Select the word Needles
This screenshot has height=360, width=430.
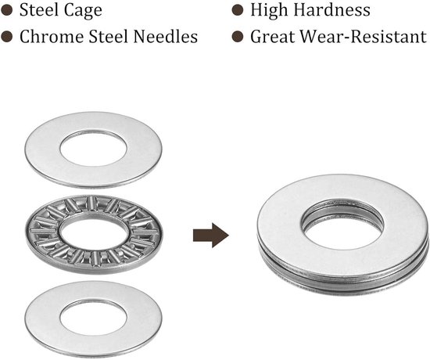coord(166,37)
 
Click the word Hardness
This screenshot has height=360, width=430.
coord(331,10)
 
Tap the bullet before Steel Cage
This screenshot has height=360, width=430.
coord(7,10)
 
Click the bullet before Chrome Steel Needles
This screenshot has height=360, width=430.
coord(7,37)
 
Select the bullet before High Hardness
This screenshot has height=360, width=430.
coord(238,10)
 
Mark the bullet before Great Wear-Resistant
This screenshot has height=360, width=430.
coord(238,37)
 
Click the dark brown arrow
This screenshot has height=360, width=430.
coord(211,236)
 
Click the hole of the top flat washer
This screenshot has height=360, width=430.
coord(93,149)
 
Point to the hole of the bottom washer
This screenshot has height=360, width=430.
coord(93,318)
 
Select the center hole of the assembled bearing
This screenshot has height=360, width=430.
coord(342,225)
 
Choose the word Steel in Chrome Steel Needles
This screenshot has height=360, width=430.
coord(109,37)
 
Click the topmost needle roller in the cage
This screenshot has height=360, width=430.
coord(91,203)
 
